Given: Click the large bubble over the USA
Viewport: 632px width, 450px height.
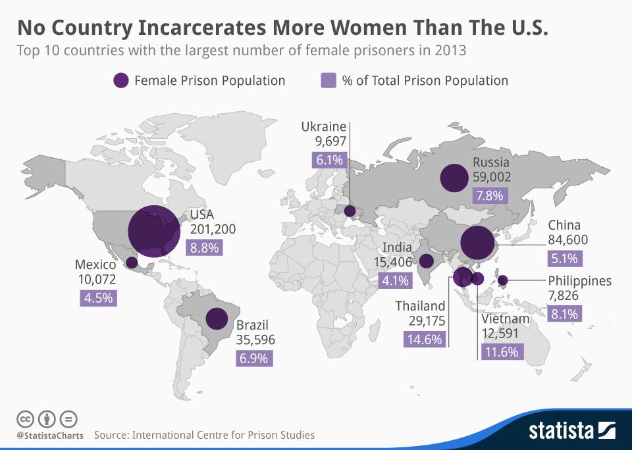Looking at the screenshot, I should (154, 231).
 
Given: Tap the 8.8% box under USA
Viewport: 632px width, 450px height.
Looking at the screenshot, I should (206, 247).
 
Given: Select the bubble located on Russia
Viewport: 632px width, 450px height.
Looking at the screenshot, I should (454, 178).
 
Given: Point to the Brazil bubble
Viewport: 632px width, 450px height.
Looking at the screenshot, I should (217, 318).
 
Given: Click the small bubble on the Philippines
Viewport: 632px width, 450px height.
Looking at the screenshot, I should (503, 281).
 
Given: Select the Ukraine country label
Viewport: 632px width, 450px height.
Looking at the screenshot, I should (323, 126).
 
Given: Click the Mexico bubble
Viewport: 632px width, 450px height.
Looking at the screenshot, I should (132, 262).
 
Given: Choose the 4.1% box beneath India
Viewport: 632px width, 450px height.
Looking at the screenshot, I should (395, 280).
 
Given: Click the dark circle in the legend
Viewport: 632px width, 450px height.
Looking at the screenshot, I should (120, 80).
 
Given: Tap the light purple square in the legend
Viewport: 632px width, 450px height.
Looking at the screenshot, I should (329, 80).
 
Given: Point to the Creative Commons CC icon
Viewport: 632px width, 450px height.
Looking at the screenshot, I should (25, 418).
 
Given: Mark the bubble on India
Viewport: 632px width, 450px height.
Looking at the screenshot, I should (427, 261).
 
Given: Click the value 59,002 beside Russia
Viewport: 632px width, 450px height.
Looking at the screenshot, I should (491, 177).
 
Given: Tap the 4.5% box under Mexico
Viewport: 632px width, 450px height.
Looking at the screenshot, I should (99, 297).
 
